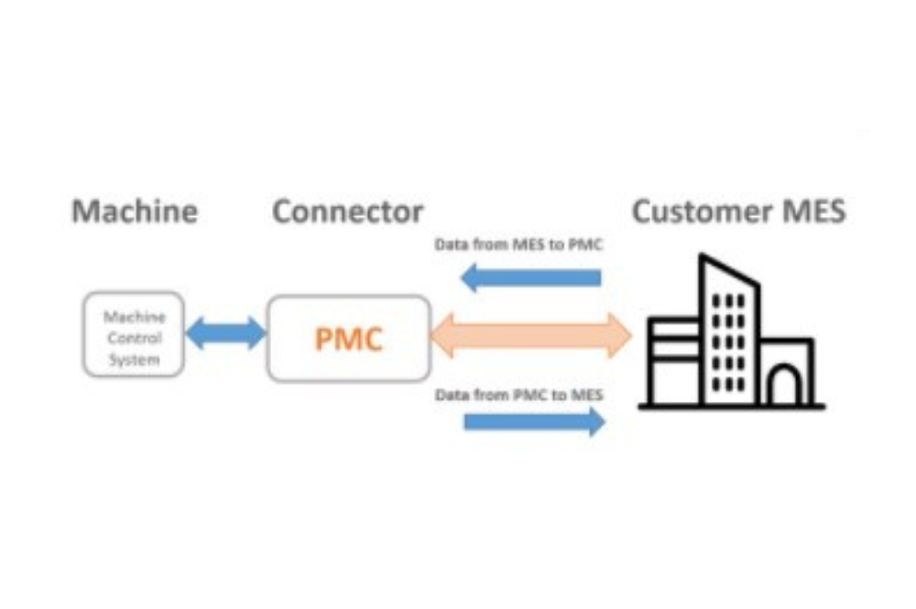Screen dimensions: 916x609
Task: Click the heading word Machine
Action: click(135, 212)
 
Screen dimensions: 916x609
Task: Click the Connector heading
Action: click(347, 212)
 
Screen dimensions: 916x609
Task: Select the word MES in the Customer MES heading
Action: click(813, 212)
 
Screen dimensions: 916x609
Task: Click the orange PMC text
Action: click(349, 339)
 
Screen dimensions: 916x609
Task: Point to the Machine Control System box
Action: click(134, 334)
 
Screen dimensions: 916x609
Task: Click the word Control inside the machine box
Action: click(135, 338)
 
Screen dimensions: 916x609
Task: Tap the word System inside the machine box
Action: click(135, 360)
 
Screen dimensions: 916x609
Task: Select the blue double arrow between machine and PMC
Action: click(225, 333)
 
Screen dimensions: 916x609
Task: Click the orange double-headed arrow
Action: click(531, 335)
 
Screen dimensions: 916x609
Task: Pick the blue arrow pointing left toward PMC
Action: click(531, 277)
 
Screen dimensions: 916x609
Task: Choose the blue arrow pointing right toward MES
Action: click(535, 421)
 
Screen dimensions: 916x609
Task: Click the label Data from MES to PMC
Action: click(518, 245)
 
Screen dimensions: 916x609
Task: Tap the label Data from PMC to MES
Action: click(519, 396)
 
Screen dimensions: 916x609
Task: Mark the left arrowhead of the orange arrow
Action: click(442, 335)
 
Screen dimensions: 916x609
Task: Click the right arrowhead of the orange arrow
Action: click(620, 335)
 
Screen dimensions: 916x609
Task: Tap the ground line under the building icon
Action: click(732, 406)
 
